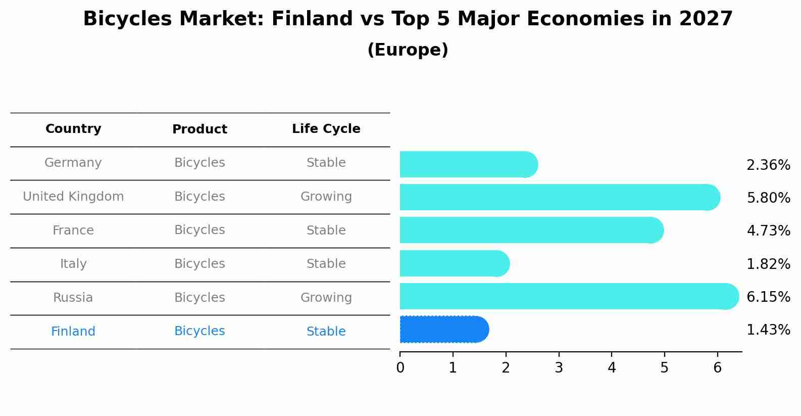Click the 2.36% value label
pos(768,165)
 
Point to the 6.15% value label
pos(768,297)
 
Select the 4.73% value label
pos(768,231)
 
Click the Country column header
pos(73,129)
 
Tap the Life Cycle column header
pos(326,129)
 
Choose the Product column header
pos(199,129)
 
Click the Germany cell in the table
pos(73,163)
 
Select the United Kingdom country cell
pos(73,197)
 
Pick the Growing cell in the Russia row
pos(326,298)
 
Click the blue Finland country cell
pos(73,332)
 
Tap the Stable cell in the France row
pos(326,230)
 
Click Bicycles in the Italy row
pos(199,264)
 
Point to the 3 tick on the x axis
pos(559,368)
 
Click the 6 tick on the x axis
pos(717,368)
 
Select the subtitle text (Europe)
pos(408,50)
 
